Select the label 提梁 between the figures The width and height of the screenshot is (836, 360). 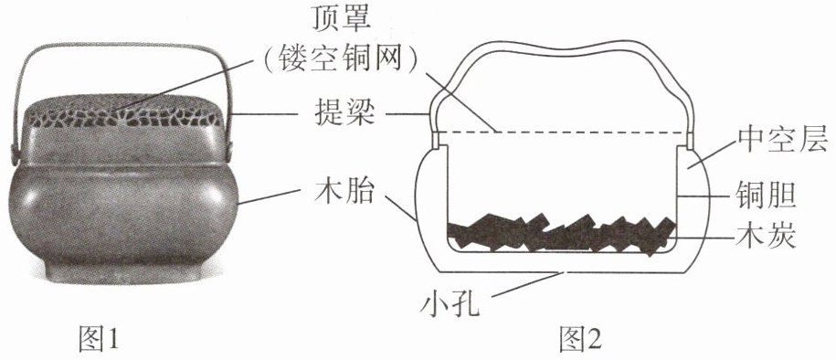(341, 113)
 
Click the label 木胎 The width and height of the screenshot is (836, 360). (342, 191)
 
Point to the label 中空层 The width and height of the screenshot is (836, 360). (782, 141)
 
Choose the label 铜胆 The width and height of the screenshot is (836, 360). (766, 196)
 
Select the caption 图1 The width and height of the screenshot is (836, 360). (98, 338)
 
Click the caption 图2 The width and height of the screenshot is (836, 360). (580, 338)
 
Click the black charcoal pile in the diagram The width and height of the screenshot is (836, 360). (561, 234)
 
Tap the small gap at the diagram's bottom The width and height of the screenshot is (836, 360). (565, 272)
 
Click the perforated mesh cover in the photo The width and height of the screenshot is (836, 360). (123, 112)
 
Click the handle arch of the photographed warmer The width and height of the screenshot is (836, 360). (122, 47)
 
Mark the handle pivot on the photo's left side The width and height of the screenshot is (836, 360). (14, 154)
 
